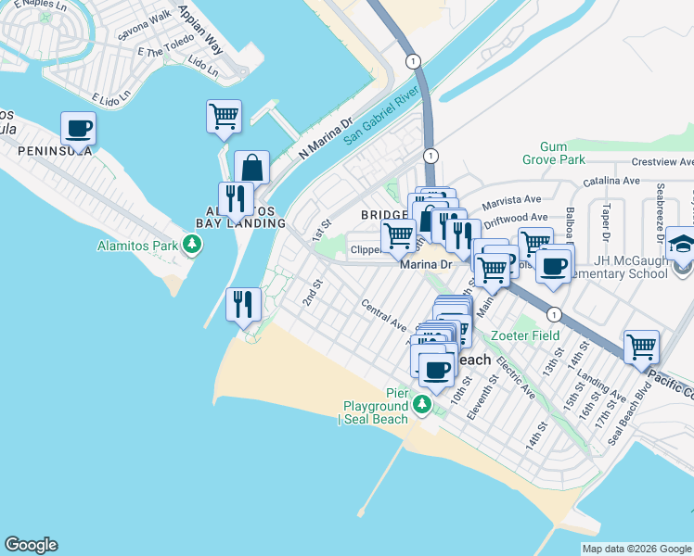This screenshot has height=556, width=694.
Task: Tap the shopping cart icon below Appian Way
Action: click(224, 116)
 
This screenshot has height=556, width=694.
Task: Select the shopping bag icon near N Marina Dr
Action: click(251, 167)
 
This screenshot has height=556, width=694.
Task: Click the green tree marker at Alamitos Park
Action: click(192, 245)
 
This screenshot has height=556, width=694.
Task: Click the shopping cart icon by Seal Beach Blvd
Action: click(641, 347)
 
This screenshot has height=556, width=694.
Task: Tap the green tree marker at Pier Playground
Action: click(422, 404)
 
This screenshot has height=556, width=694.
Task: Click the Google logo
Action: click(31, 545)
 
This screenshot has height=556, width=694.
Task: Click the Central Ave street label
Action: click(384, 315)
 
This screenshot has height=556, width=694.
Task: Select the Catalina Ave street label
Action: click(610, 182)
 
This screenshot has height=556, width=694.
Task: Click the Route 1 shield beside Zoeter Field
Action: click(553, 313)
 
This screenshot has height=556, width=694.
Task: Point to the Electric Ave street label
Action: click(515, 378)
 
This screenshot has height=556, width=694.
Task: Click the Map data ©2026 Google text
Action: click(636, 549)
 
